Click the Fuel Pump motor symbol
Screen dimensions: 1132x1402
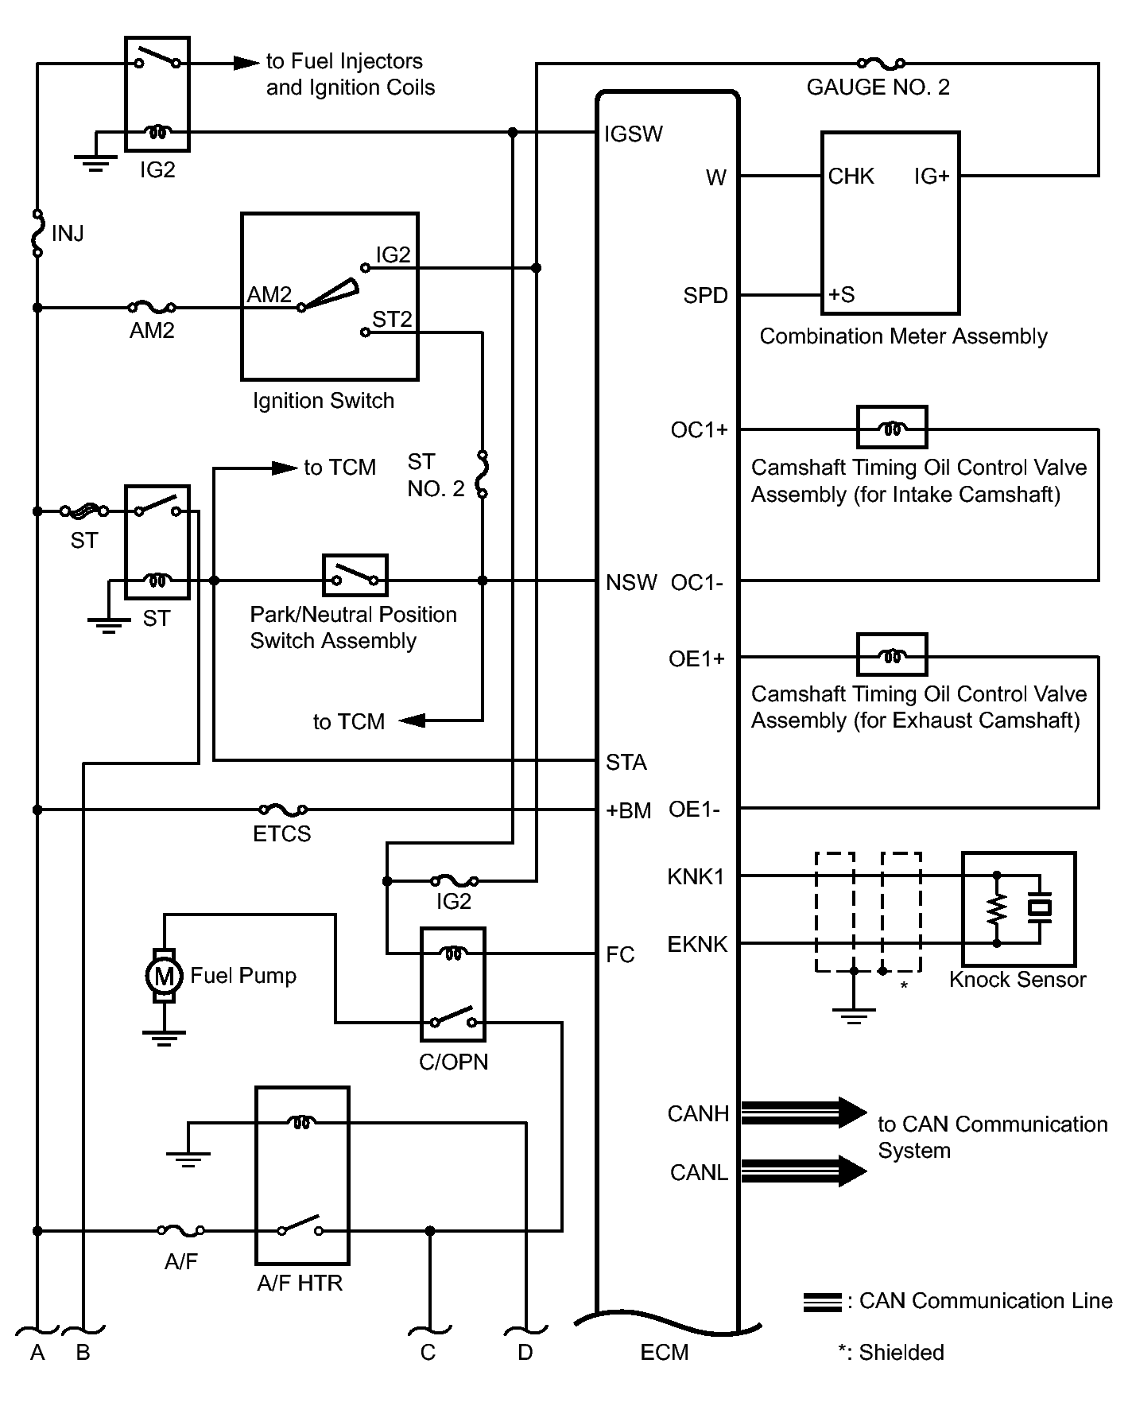click(x=164, y=975)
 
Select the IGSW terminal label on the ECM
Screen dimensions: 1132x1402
click(x=633, y=134)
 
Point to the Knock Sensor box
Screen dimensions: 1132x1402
click(x=1018, y=908)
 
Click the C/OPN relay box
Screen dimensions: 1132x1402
click(x=452, y=984)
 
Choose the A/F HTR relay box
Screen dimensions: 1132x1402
click(x=301, y=1175)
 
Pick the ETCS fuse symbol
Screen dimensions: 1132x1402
click(x=283, y=810)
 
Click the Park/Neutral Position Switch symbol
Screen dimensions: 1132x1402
click(x=355, y=575)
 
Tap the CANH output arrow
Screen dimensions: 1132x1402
click(x=803, y=1113)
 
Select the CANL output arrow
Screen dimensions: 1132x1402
click(x=803, y=1171)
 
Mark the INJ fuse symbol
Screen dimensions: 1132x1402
click(x=37, y=233)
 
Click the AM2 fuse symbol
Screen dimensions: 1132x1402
click(x=152, y=307)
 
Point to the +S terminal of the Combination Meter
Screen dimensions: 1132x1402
click(x=841, y=295)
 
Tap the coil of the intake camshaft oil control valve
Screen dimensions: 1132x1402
click(x=891, y=428)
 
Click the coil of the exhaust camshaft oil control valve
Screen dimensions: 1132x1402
click(x=891, y=655)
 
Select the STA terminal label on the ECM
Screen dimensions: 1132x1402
click(x=626, y=763)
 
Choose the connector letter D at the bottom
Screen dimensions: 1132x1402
click(x=525, y=1353)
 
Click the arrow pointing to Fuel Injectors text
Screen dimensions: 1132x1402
click(x=246, y=63)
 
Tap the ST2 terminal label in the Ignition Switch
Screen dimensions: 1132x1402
click(x=392, y=319)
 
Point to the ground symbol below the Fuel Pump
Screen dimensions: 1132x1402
click(x=164, y=1037)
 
